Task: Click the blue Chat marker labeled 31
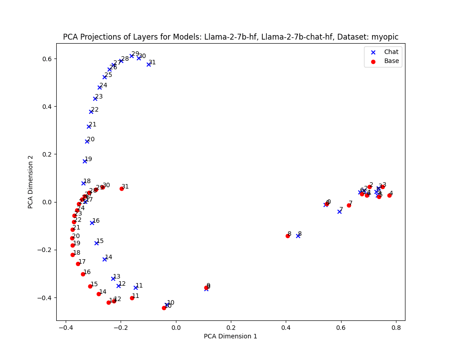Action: pyautogui.click(x=148, y=64)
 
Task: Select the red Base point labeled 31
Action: pyautogui.click(x=121, y=189)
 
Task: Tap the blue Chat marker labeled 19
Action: pyautogui.click(x=85, y=161)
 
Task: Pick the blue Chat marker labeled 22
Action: pyautogui.click(x=91, y=112)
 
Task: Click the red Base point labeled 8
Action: pyautogui.click(x=288, y=236)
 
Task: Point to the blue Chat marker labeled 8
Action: pyautogui.click(x=298, y=236)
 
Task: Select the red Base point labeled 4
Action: pyautogui.click(x=389, y=195)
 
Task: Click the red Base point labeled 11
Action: pyautogui.click(x=132, y=298)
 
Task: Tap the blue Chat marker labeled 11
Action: pyautogui.click(x=135, y=288)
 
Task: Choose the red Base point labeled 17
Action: pyautogui.click(x=78, y=264)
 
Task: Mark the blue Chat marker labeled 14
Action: pyautogui.click(x=104, y=259)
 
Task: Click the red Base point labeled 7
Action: pyautogui.click(x=349, y=205)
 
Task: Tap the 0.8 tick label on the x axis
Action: pyautogui.click(x=396, y=328)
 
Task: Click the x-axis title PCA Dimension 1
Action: pyautogui.click(x=230, y=336)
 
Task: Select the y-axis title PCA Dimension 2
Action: pyautogui.click(x=31, y=182)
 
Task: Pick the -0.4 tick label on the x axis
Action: pyautogui.click(x=66, y=328)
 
